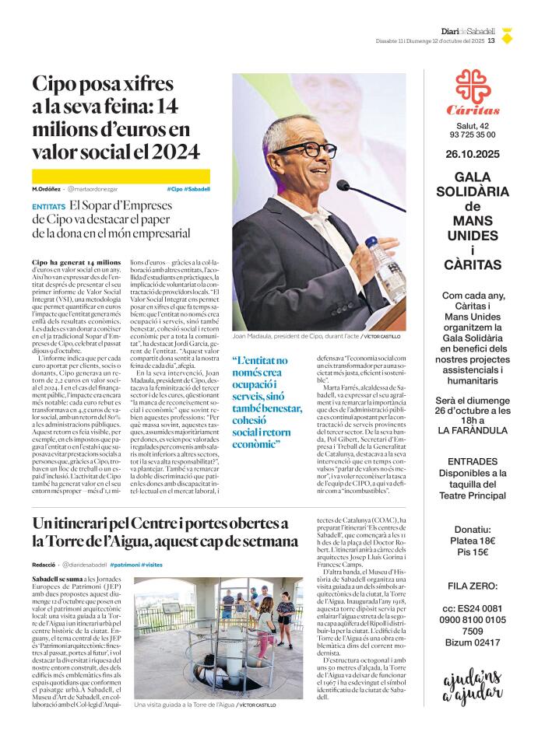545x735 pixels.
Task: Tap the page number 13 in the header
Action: pos(491,41)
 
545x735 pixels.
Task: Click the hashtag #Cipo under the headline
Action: pos(175,189)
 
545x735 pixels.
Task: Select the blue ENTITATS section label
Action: pos(48,208)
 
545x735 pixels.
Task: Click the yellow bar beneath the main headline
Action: pos(121,176)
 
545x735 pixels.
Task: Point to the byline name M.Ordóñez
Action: pos(47,189)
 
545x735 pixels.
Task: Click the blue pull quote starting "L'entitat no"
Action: pos(268,402)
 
